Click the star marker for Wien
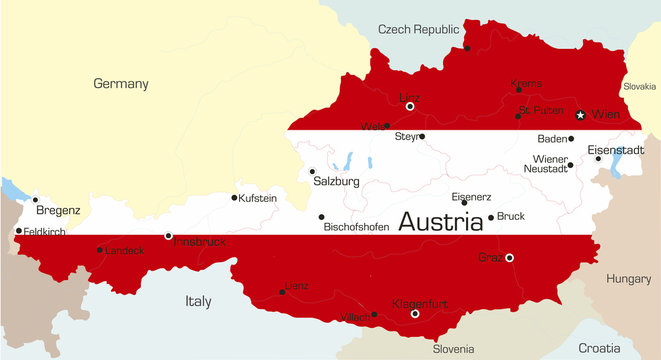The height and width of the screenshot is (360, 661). click(x=580, y=115)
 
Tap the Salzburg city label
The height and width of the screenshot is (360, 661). click(x=335, y=182)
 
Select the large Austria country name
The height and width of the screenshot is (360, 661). click(x=440, y=222)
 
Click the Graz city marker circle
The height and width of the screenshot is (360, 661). click(x=510, y=258)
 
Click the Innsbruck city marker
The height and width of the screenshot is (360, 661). click(x=168, y=236)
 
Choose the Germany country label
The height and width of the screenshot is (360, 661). click(x=120, y=84)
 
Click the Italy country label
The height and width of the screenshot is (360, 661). click(x=199, y=300)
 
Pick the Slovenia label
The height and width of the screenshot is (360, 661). click(x=453, y=349)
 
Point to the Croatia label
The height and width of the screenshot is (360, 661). click(x=599, y=348)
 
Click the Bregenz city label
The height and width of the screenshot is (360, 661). click(x=58, y=211)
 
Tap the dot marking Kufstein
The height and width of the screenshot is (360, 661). click(x=235, y=197)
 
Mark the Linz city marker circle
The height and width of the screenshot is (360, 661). click(x=410, y=106)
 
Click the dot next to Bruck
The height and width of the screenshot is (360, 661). click(x=490, y=217)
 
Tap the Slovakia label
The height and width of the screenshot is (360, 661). click(x=639, y=87)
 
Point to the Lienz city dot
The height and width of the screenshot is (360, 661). click(x=281, y=292)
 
